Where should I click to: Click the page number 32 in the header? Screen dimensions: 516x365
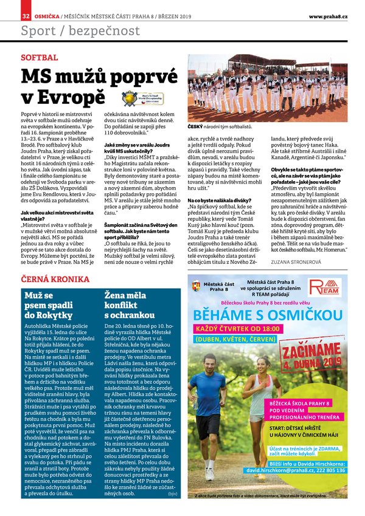[26, 15]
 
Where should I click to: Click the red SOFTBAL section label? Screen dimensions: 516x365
[40, 57]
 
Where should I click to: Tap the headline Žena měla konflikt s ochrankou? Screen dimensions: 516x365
[128, 305]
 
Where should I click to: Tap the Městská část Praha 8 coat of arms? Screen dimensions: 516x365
[195, 286]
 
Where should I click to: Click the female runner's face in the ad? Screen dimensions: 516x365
[263, 364]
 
